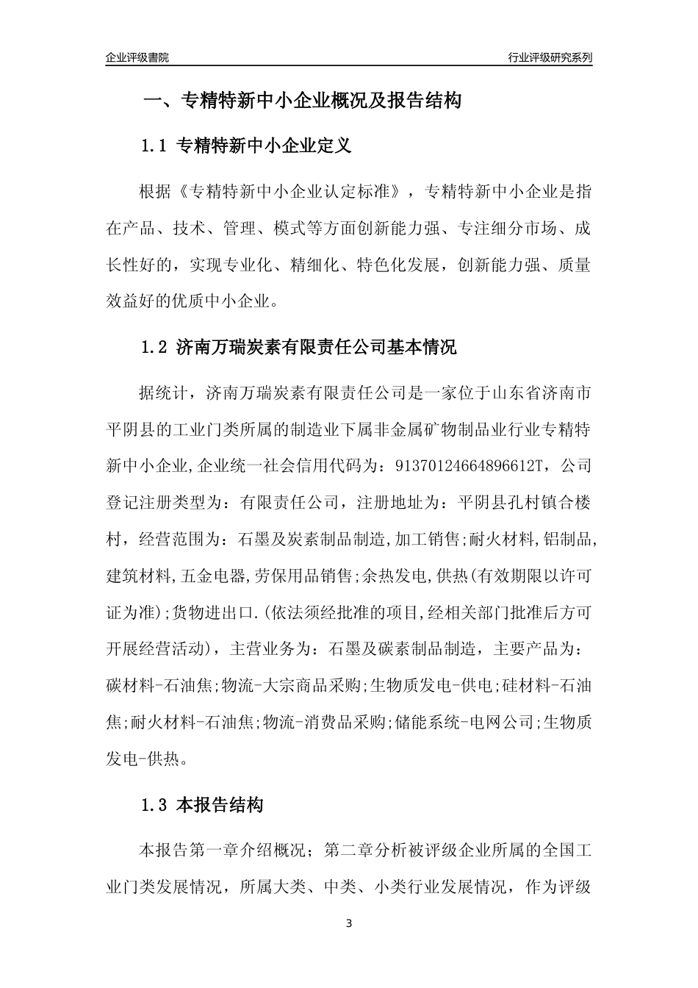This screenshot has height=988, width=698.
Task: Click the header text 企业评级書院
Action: click(137, 57)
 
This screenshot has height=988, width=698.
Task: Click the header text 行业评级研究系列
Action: click(550, 57)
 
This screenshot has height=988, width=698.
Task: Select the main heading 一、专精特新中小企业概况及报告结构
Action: click(302, 101)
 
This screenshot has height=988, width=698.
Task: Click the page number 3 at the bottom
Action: click(349, 923)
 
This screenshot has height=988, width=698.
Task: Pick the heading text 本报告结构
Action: click(220, 806)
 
